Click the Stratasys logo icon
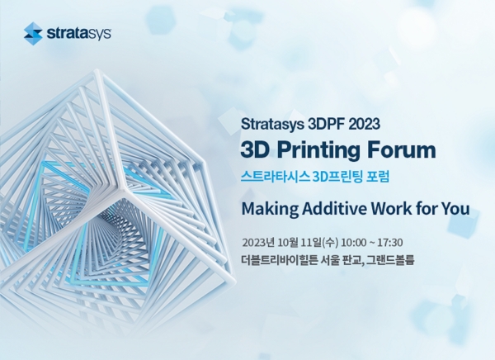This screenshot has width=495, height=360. tap(33, 33)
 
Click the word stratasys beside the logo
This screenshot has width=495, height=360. tap(78, 34)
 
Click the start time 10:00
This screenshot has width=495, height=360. tap(351, 243)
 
